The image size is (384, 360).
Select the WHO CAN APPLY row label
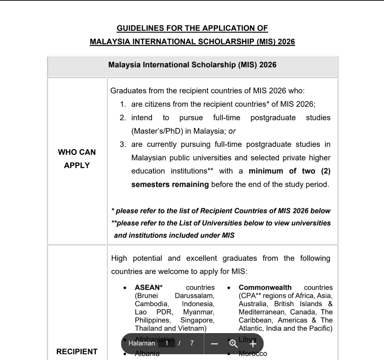click(x=77, y=159)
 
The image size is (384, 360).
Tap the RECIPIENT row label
click(x=77, y=352)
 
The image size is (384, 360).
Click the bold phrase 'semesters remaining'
click(x=170, y=184)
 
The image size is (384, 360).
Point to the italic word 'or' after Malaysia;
click(x=232, y=131)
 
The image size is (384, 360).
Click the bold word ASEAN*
click(x=149, y=287)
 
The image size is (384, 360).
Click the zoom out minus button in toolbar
click(x=215, y=343)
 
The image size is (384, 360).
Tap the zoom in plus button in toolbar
click(x=252, y=343)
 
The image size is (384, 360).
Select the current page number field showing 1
click(x=167, y=343)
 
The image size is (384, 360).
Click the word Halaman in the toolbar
click(x=142, y=343)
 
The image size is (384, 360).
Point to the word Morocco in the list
click(x=253, y=353)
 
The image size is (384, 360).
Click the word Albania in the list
click(x=147, y=353)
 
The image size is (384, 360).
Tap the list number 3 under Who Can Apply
click(x=123, y=145)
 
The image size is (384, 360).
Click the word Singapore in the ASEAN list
click(x=197, y=320)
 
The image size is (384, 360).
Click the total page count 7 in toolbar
click(x=192, y=343)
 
